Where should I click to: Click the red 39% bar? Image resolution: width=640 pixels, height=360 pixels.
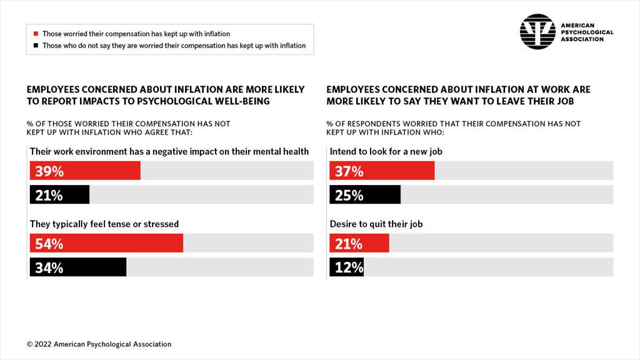[85, 171]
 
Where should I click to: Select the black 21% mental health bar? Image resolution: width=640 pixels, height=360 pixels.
[59, 195]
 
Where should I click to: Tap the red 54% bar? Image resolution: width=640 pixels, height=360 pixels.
[106, 243]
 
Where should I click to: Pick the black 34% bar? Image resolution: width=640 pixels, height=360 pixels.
[78, 267]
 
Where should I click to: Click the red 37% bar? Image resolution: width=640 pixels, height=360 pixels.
[382, 171]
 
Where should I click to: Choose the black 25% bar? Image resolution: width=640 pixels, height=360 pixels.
[365, 195]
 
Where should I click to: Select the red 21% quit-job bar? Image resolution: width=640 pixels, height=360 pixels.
[359, 243]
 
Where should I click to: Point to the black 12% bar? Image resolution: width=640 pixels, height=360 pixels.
[347, 267]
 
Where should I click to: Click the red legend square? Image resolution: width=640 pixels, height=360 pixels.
[36, 34]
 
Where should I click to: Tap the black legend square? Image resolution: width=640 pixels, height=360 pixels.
[36, 46]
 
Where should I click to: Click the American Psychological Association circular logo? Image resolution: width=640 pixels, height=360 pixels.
[537, 32]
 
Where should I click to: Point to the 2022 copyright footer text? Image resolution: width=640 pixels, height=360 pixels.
[99, 344]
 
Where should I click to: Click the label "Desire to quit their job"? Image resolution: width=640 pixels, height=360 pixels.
[376, 224]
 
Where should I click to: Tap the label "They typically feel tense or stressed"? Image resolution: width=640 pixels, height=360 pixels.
[104, 224]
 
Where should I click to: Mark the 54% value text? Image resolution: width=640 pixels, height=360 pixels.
[49, 243]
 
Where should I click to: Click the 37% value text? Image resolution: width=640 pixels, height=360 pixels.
[349, 171]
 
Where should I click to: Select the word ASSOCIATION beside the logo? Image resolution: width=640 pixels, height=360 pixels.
[582, 39]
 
